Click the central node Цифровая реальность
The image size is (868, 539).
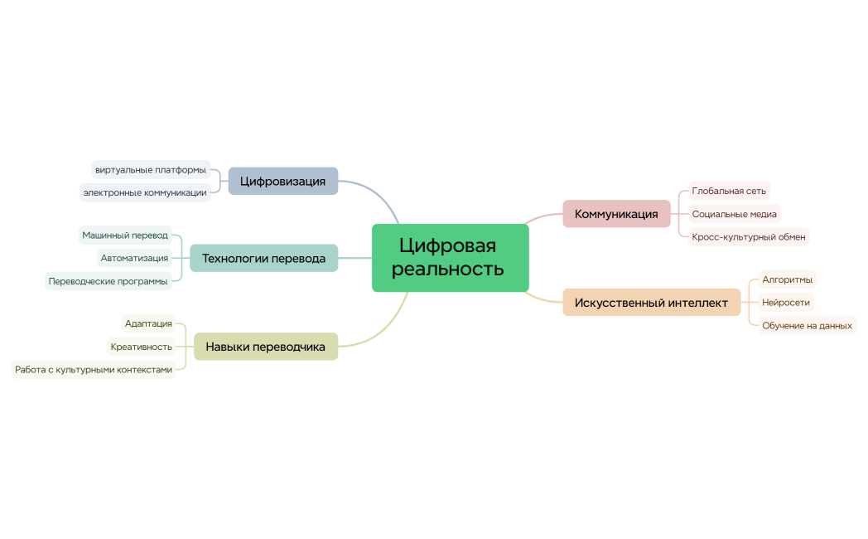(x=450, y=258)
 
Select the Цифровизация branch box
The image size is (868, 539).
(x=282, y=181)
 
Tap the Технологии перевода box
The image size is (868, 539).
(x=263, y=258)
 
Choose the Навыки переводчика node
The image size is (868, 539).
(x=265, y=347)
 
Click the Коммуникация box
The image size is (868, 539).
(x=616, y=214)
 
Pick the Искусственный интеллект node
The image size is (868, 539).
(x=651, y=303)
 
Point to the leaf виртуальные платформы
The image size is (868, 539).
(x=151, y=170)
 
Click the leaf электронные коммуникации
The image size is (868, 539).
(x=144, y=192)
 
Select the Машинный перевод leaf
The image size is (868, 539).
(x=125, y=236)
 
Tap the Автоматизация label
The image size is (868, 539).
(x=134, y=258)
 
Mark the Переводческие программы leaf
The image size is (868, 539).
(x=108, y=281)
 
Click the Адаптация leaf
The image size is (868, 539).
(x=149, y=323)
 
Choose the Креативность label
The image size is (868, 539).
(x=142, y=347)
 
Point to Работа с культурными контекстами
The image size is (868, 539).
(x=94, y=370)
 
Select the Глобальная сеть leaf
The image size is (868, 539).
(x=729, y=191)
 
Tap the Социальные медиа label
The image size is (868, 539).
(x=734, y=214)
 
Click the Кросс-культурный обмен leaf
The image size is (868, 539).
(x=749, y=237)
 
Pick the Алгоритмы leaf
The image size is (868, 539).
(x=787, y=279)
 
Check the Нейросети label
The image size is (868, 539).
(x=786, y=302)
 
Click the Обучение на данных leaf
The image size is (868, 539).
(x=807, y=325)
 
